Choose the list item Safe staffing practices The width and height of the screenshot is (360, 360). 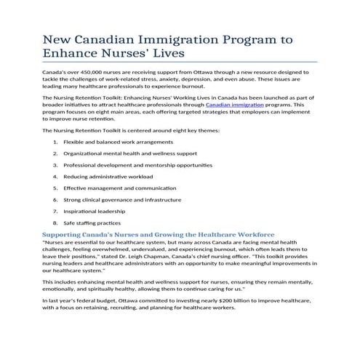(92, 222)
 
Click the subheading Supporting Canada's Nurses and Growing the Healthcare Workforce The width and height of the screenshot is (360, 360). (159, 235)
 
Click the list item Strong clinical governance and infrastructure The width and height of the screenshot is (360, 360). (122, 199)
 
